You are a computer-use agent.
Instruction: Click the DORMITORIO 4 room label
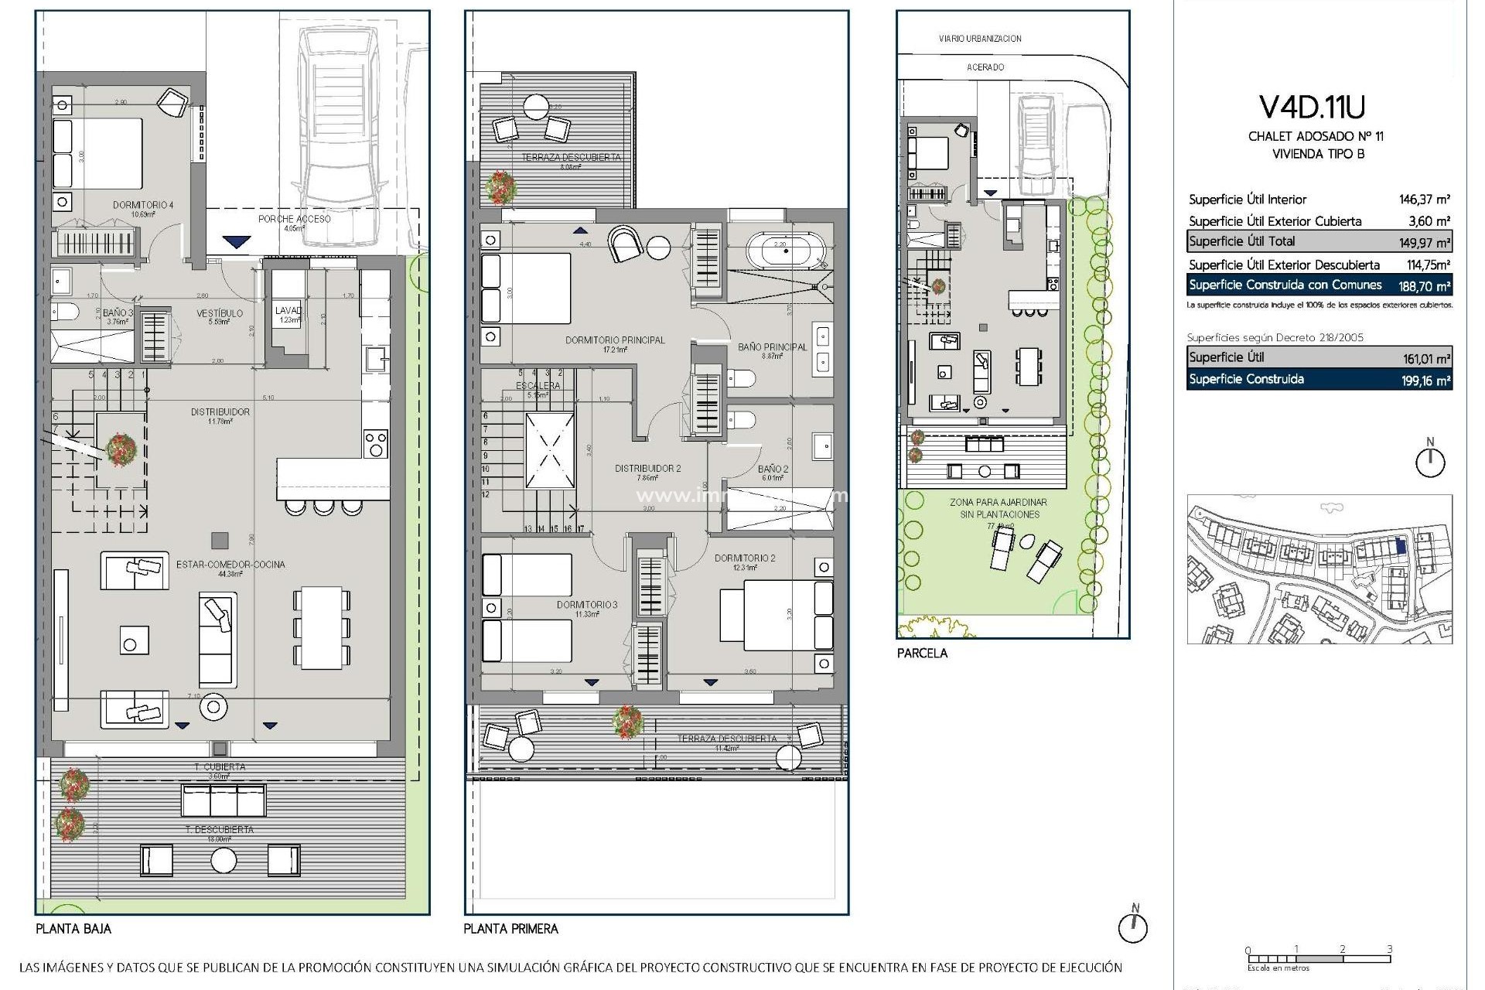tap(143, 205)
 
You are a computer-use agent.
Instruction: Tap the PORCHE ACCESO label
tap(294, 219)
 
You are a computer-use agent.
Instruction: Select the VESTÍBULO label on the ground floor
tap(219, 313)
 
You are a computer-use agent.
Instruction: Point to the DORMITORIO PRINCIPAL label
tap(615, 340)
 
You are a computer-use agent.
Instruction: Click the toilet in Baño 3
tap(67, 312)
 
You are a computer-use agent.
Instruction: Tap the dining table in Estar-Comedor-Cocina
tap(321, 627)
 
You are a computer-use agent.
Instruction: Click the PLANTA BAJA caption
tap(73, 928)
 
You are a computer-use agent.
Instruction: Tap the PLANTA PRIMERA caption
tap(510, 928)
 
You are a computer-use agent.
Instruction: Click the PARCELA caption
tap(922, 653)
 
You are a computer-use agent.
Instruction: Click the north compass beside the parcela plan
tap(1430, 462)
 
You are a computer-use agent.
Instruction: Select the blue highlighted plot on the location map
tap(1401, 545)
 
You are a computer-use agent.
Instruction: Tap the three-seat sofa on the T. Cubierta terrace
tap(224, 800)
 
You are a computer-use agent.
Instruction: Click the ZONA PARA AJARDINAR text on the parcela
tap(999, 503)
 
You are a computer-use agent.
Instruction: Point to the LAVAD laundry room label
tap(288, 311)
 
